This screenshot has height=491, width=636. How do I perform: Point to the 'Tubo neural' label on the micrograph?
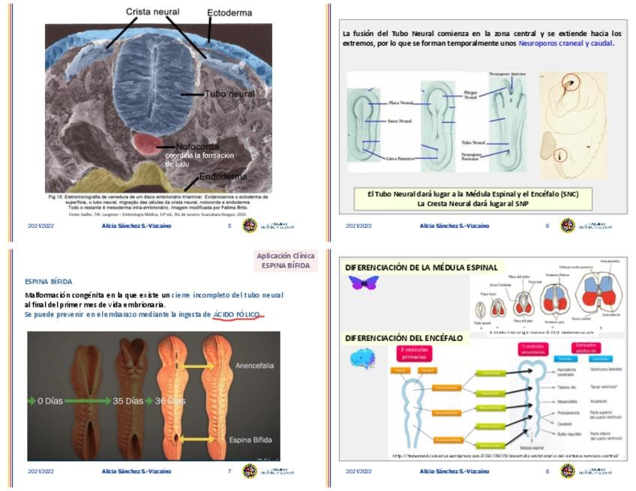pos(230,94)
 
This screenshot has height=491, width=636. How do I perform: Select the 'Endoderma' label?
pos(223,179)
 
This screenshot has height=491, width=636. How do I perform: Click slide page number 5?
pos(229,225)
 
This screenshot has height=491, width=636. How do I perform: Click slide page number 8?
pos(547,472)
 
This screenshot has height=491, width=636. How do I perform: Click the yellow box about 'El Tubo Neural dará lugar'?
pos(473,199)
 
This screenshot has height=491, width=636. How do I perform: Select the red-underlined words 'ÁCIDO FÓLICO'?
pos(237,314)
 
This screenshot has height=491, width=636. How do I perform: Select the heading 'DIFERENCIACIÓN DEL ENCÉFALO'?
pos(403,338)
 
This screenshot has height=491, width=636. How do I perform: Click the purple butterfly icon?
pos(363,283)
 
